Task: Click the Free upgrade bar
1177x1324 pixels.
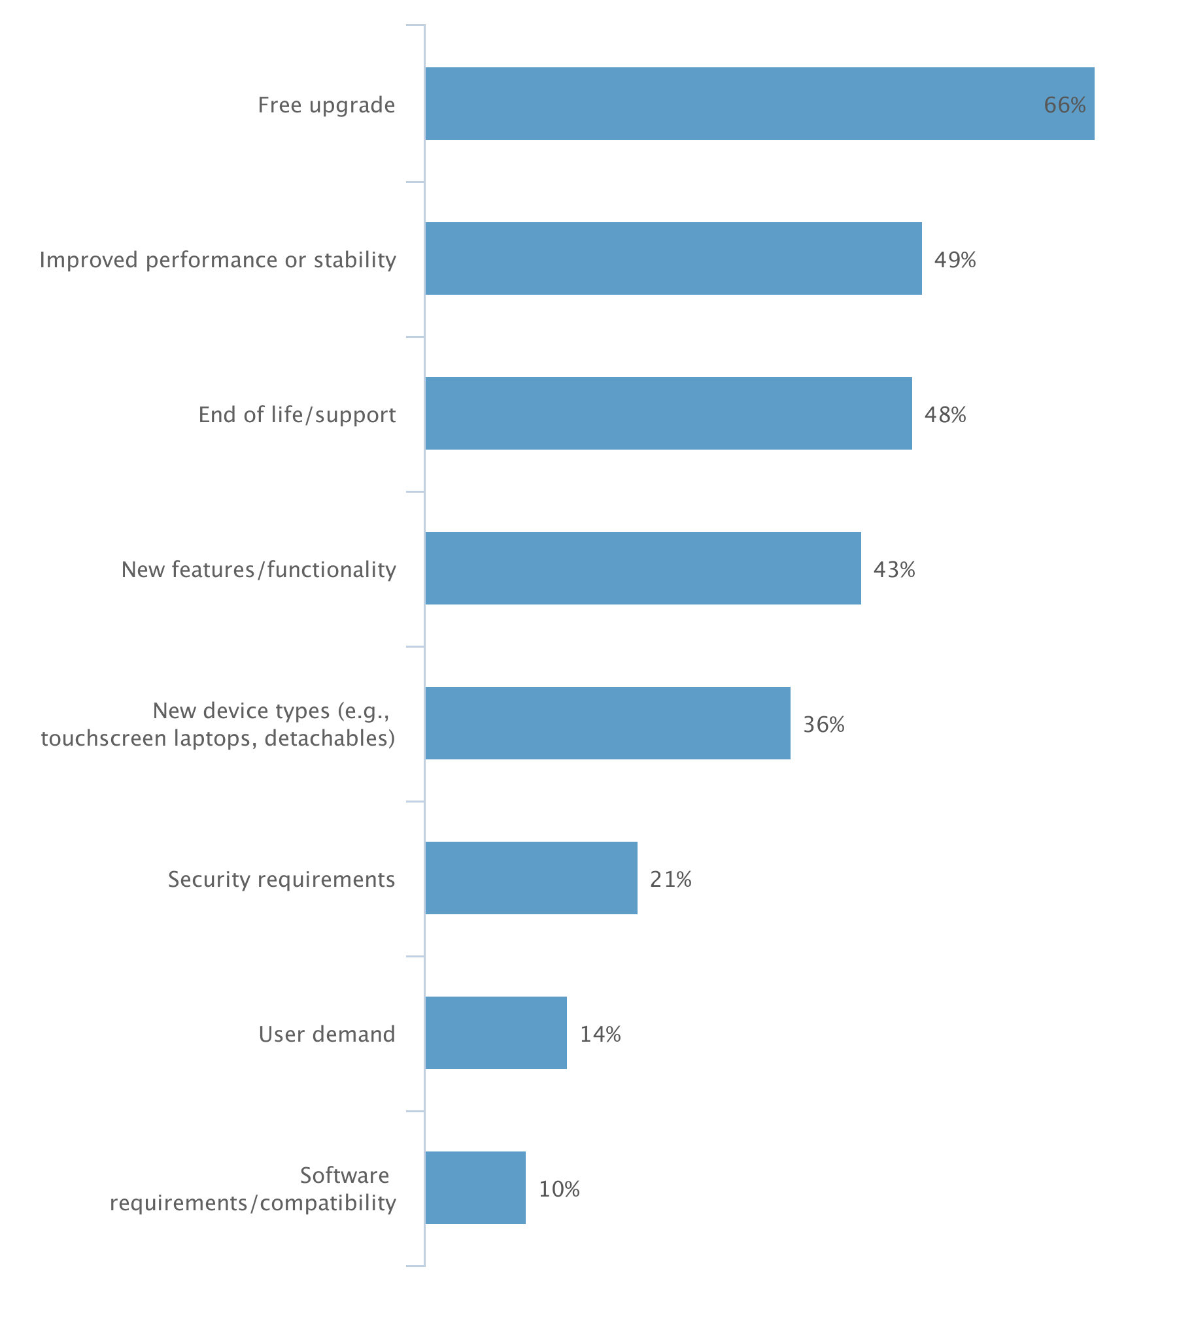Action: pos(759,103)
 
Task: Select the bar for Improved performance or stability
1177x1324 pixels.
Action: pos(674,258)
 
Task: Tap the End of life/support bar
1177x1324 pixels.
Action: pos(668,413)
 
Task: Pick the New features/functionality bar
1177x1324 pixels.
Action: pos(643,568)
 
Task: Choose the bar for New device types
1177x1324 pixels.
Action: pos(607,723)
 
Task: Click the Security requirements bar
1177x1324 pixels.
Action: pos(531,878)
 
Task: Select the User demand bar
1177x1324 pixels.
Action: pos(496,1033)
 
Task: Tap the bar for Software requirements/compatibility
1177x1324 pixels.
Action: pos(475,1187)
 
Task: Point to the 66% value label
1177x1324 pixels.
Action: pos(1065,105)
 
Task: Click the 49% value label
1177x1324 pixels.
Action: pos(955,259)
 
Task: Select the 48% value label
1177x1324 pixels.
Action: pos(945,414)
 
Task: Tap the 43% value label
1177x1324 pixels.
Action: pos(894,569)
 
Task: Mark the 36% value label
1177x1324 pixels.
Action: pos(823,724)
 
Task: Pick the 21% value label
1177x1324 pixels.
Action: pos(670,879)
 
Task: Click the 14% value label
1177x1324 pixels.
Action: pos(600,1034)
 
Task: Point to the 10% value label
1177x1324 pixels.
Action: pos(559,1189)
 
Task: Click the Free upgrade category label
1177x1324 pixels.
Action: pos(326,105)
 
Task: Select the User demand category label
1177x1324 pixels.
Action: pos(327,1034)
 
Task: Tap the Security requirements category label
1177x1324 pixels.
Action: pos(281,879)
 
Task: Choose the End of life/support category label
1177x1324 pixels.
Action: pos(297,414)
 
